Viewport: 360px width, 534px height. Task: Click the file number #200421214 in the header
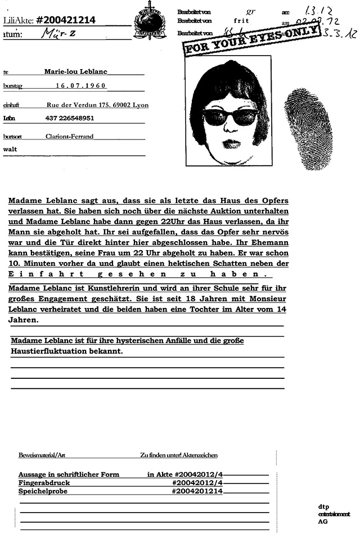tap(65, 20)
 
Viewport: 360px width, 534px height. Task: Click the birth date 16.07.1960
tap(81, 86)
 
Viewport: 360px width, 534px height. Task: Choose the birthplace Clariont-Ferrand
tap(70, 136)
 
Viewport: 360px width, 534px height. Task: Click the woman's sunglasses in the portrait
tap(231, 116)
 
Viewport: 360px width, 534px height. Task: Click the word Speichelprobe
tap(43, 491)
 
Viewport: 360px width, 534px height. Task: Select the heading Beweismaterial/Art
tap(42, 454)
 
